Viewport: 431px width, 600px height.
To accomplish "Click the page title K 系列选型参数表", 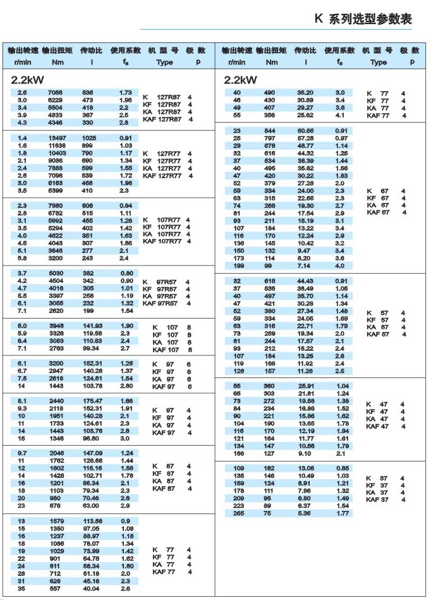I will pos(363,20).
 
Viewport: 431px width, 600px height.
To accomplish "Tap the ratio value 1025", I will pos(91,138).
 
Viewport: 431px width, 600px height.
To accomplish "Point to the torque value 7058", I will pos(57,92).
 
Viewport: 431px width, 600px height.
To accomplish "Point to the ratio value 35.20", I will pos(305,92).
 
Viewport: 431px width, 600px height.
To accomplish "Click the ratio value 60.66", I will pos(305,130).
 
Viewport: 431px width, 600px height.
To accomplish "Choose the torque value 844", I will pos(270,130).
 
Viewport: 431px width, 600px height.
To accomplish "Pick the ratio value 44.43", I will pos(305,281).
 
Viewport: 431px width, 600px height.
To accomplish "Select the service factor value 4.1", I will pos(340,115).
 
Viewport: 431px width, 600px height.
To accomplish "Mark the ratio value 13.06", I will pos(305,468).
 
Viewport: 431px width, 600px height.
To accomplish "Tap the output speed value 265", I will pos(238,513).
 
